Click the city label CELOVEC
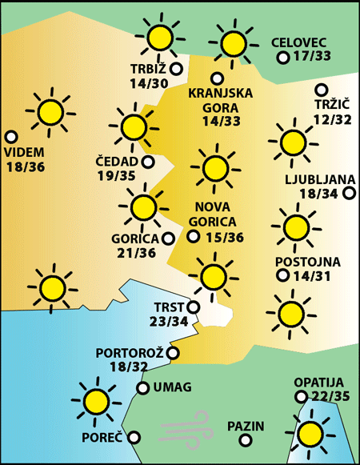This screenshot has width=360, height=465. click(x=300, y=42)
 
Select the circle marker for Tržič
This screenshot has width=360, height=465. click(x=322, y=90)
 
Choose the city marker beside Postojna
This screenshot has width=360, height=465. click(x=282, y=275)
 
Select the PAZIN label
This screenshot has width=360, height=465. click(x=245, y=427)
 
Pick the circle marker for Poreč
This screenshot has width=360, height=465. click(x=134, y=437)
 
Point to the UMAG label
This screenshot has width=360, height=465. click(x=171, y=388)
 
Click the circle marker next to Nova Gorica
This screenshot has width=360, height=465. click(x=193, y=236)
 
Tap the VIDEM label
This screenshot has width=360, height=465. click(x=24, y=152)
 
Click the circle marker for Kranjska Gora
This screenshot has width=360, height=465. click(x=217, y=78)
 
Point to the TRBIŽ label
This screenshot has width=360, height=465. click(x=150, y=69)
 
